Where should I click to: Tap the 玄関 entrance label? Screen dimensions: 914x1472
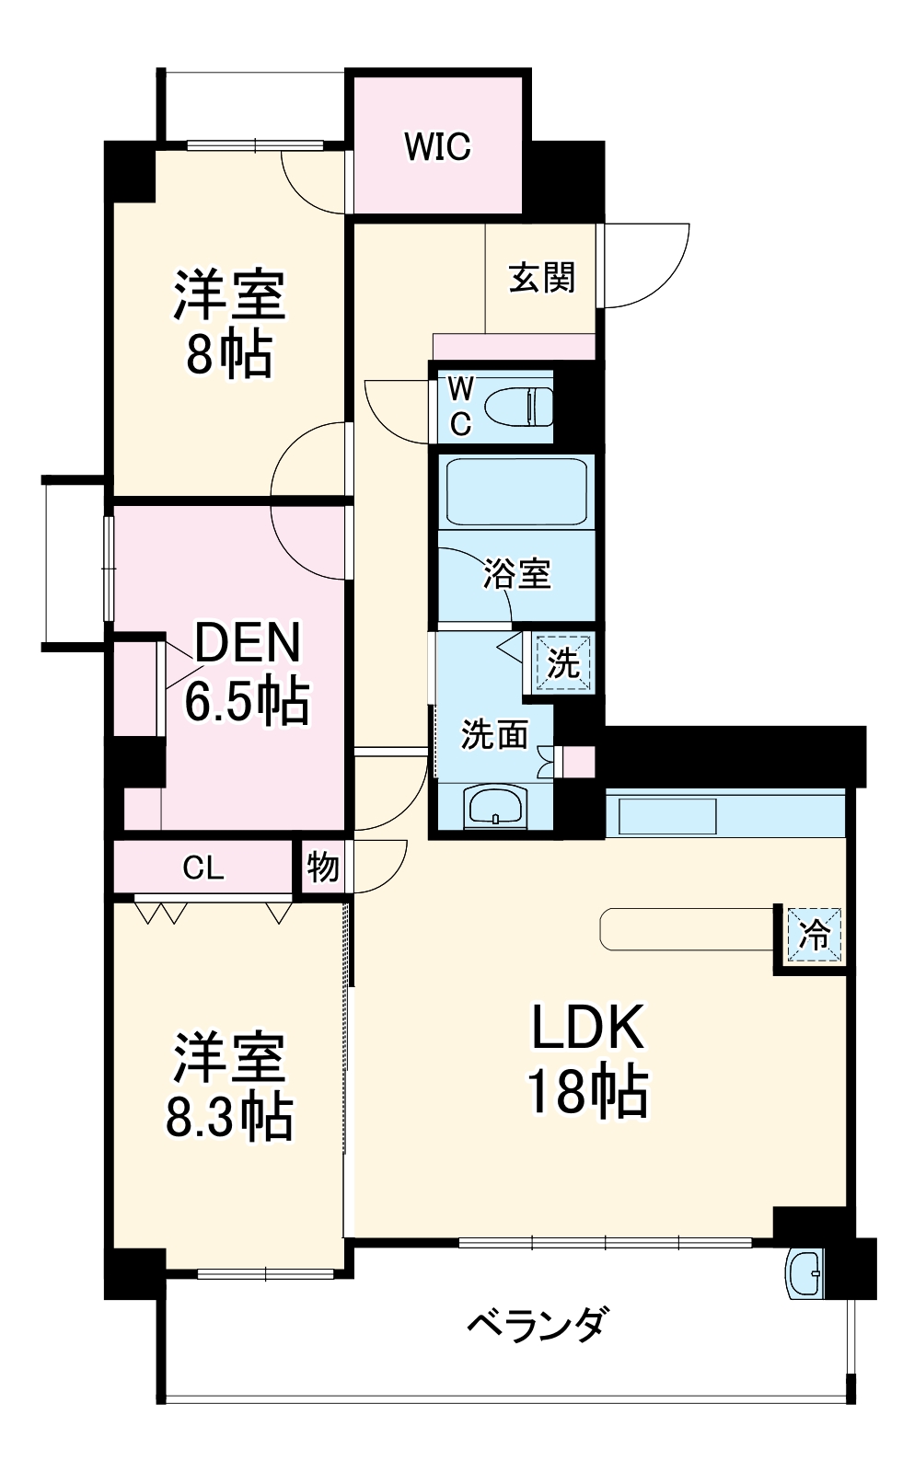coord(542,278)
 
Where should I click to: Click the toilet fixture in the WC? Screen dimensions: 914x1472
coord(518,407)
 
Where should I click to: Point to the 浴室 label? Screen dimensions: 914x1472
coord(517,574)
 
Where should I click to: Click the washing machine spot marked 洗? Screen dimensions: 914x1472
coord(562,662)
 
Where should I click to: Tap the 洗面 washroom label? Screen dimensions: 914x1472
coord(494,734)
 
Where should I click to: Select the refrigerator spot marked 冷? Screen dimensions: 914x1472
coord(814,936)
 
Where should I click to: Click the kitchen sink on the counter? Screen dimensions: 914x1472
coord(667,816)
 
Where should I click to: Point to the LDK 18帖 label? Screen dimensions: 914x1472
coord(587,1058)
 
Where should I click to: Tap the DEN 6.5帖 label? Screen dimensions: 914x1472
coord(247,672)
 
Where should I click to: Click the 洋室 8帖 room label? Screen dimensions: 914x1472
coord(229,322)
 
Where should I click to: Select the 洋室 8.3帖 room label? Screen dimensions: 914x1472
coord(229,1086)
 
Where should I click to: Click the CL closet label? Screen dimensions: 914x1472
coord(202,868)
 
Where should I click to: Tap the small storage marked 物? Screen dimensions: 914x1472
coord(322,867)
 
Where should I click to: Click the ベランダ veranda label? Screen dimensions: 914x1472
coord(537,1326)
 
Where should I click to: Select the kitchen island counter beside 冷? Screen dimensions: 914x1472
coord(686,929)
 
